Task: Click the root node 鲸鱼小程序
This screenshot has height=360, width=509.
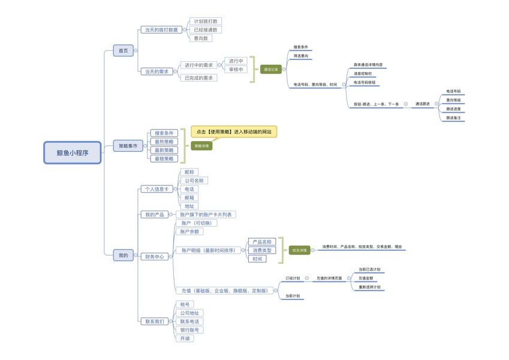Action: [72, 152]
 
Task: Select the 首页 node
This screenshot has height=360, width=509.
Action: [123, 51]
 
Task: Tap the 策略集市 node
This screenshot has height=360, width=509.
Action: [128, 146]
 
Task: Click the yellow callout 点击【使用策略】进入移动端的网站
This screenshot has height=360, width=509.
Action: [234, 131]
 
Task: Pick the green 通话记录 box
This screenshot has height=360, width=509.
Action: [270, 70]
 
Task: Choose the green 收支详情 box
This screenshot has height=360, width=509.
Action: [299, 250]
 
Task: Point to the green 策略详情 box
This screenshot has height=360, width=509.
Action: [202, 146]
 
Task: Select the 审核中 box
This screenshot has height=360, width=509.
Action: [236, 70]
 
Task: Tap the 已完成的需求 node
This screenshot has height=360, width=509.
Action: [198, 78]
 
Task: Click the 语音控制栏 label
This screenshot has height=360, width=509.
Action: [363, 73]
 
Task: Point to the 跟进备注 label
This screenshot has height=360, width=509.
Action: [453, 118]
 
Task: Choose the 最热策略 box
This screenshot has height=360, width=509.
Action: [163, 142]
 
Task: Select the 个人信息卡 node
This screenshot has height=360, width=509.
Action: [156, 189]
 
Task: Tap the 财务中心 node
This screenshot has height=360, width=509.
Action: [154, 256]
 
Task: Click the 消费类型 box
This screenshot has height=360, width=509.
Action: [261, 250]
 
